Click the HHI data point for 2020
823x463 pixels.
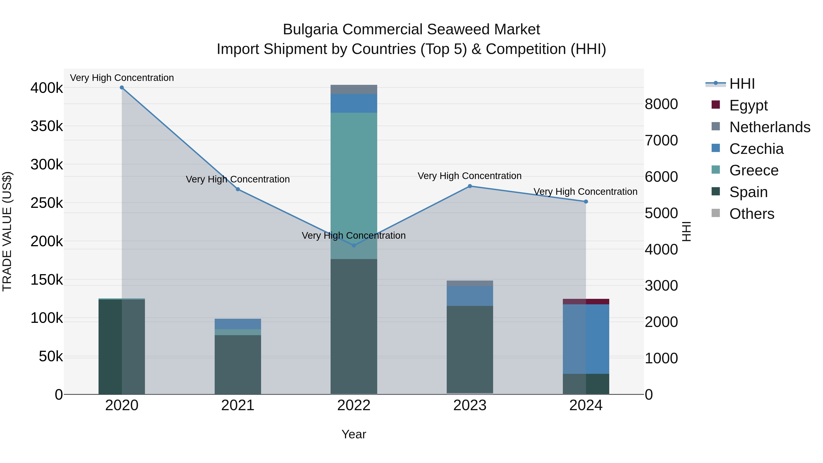coord(122,88)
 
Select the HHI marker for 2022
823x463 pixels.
coord(354,245)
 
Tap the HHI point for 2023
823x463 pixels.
coord(470,186)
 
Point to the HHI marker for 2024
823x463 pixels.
coord(586,202)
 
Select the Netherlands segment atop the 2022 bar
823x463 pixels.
coord(354,89)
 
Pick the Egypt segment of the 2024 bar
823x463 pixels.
coord(586,302)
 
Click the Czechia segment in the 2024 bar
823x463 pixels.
coord(586,339)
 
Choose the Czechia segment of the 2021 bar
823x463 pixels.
coord(238,324)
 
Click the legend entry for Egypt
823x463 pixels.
coord(748,105)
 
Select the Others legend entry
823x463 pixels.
coord(751,214)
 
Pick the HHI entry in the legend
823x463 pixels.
coord(742,84)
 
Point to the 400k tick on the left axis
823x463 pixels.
coord(47,88)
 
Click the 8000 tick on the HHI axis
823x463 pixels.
coord(661,104)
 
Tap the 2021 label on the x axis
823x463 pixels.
coord(238,405)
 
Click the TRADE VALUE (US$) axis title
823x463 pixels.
coord(7,231)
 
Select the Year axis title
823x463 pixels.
coord(354,434)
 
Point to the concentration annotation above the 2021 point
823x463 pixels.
coord(238,179)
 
